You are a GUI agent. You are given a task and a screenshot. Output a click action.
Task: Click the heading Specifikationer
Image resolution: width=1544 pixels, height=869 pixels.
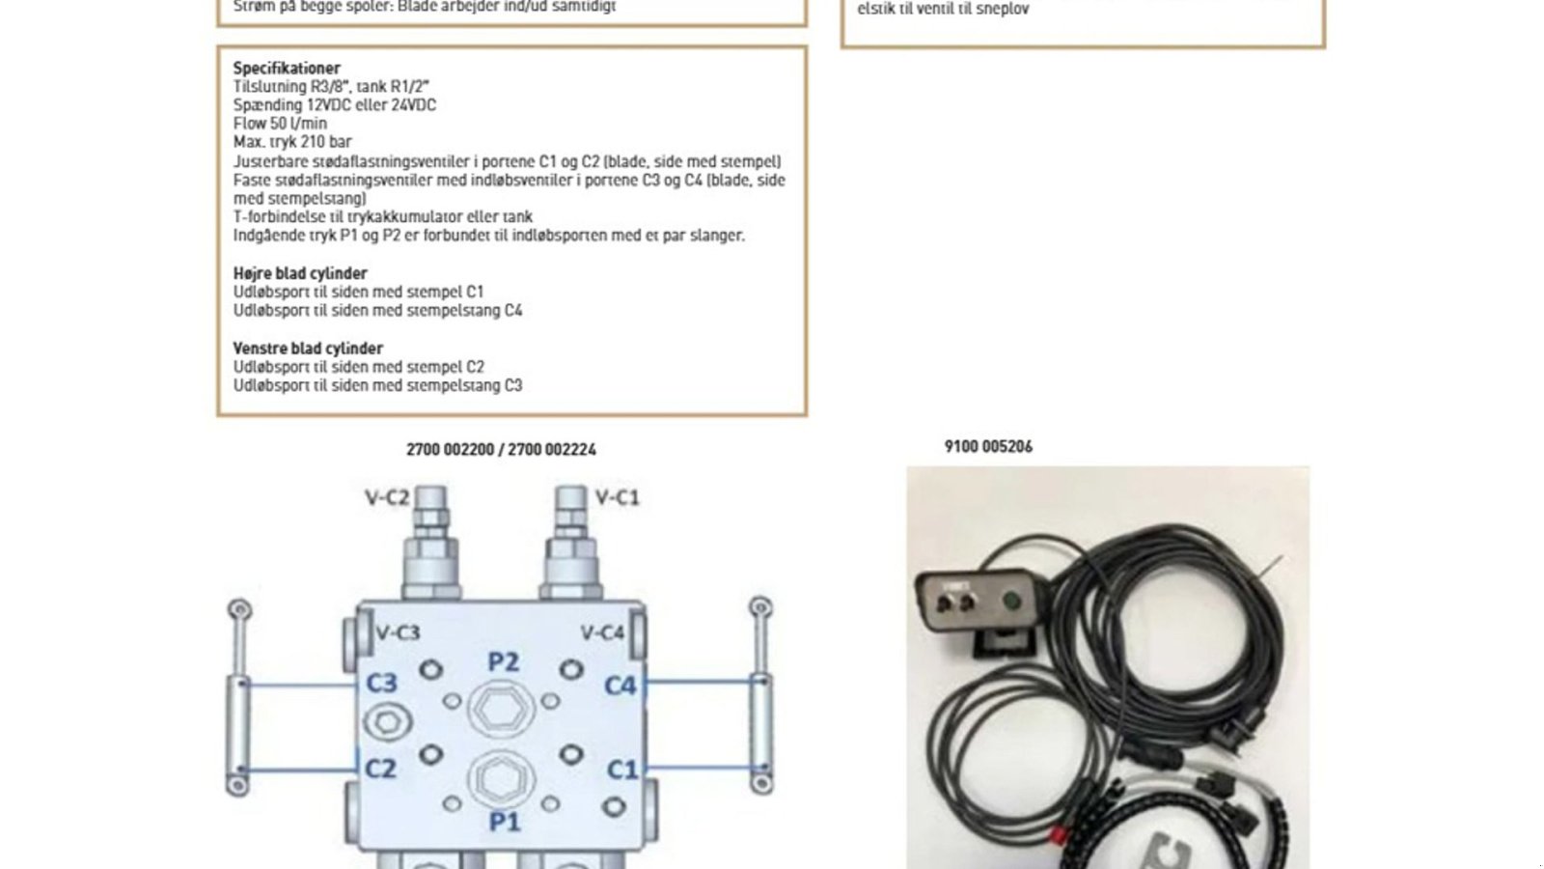287,68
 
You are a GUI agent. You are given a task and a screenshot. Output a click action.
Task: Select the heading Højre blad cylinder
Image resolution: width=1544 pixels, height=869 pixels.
300,273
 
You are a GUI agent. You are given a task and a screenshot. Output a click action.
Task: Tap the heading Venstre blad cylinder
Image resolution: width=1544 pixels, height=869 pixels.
308,349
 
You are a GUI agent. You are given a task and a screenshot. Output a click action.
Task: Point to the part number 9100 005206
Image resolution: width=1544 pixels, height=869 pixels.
988,446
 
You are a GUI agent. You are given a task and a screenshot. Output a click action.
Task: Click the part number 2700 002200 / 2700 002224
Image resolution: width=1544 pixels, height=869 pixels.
501,449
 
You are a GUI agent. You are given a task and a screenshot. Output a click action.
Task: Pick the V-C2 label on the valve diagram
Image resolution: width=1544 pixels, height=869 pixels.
386,498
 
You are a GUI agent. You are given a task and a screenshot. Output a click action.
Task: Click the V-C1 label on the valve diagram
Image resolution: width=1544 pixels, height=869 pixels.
618,498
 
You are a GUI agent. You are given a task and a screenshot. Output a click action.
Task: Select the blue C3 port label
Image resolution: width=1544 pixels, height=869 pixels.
381,683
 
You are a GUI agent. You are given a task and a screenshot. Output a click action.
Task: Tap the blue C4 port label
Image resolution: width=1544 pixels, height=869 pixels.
620,686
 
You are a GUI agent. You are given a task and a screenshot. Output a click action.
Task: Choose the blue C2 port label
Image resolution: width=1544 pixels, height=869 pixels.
380,769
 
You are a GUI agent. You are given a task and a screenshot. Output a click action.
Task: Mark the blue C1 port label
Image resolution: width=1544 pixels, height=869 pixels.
622,770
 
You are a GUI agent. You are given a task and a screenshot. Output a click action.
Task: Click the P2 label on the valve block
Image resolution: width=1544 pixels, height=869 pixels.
503,661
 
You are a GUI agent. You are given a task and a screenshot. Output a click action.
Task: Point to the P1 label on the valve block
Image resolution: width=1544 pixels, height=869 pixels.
504,822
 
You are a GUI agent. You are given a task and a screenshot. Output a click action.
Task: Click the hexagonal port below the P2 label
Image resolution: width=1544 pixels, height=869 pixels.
501,710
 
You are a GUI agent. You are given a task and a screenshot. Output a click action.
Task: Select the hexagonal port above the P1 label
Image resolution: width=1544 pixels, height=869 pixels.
501,780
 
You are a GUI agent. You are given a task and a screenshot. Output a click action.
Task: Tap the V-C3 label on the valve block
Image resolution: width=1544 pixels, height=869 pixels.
398,633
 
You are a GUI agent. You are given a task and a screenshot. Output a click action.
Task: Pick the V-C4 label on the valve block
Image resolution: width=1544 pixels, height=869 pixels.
602,633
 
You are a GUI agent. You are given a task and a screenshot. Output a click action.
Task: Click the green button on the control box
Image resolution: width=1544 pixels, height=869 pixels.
1012,603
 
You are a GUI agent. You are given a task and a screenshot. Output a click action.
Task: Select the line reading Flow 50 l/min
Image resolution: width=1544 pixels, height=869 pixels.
280,124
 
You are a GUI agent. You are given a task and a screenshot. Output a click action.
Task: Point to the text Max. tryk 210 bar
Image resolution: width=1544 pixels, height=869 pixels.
292,142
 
